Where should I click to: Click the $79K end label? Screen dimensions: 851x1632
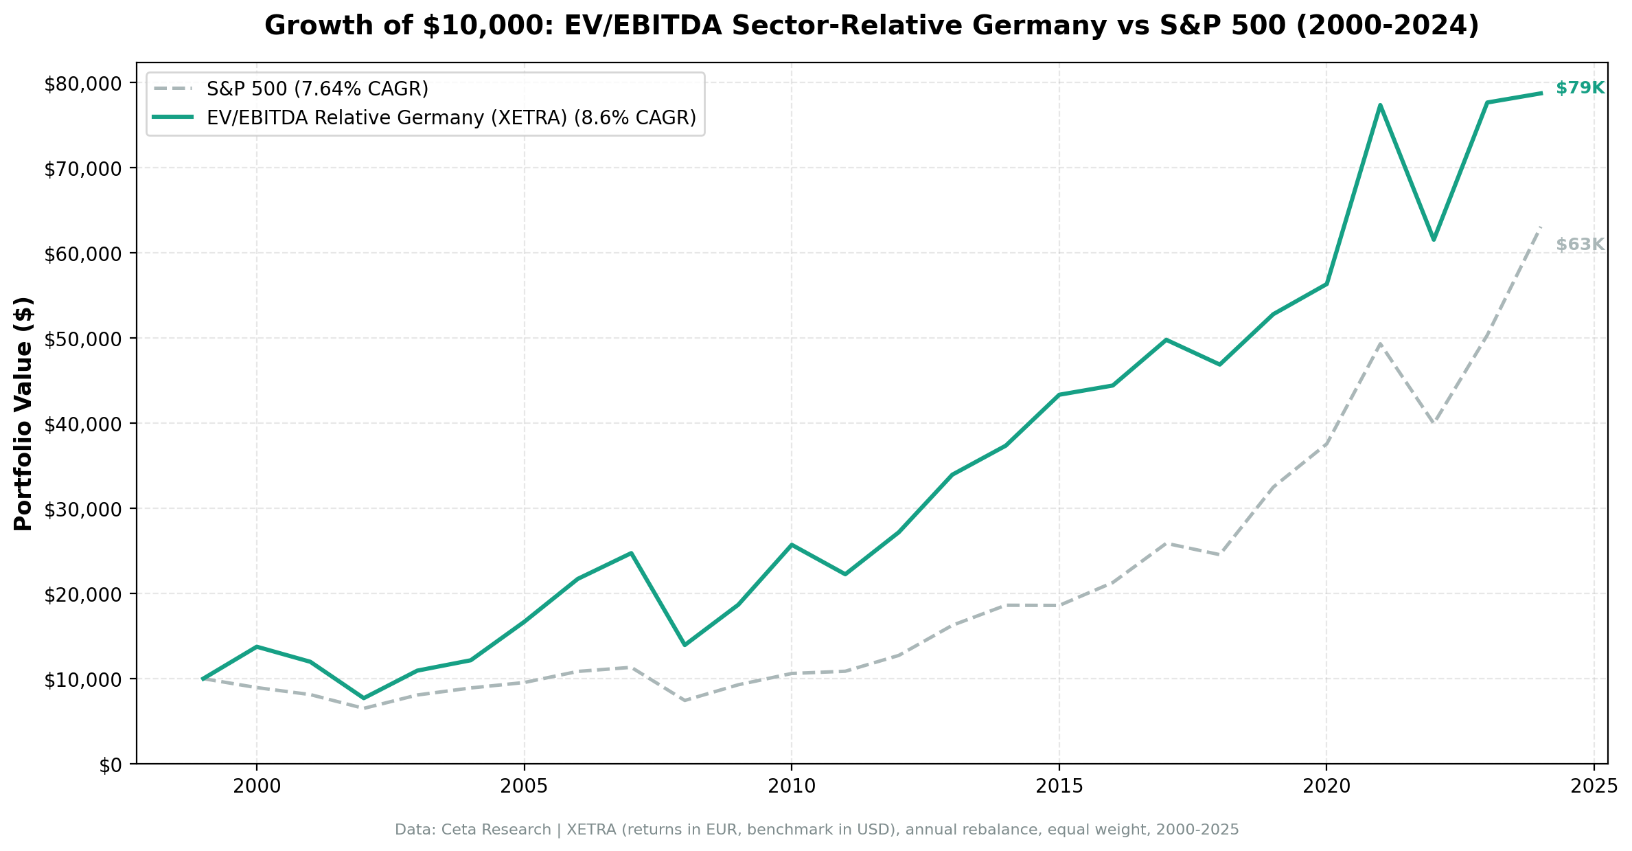[x=1579, y=88]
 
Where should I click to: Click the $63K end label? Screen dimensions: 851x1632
[x=1579, y=245]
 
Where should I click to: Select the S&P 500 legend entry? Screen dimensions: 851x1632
[x=317, y=89]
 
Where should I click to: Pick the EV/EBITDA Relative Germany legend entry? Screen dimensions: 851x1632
[x=451, y=117]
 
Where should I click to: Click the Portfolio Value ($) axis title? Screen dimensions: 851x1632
[x=23, y=413]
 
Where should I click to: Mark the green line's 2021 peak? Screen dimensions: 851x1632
[x=1380, y=104]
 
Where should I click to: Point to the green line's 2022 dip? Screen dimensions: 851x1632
[x=1434, y=240]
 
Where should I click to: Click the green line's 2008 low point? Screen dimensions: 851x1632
[x=685, y=645]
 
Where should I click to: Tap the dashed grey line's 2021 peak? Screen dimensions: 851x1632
[x=1380, y=343]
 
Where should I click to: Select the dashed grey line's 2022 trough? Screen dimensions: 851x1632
[x=1434, y=423]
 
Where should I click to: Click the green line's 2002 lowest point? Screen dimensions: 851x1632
[x=364, y=698]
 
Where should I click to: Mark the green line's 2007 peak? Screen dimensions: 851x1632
[x=631, y=553]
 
